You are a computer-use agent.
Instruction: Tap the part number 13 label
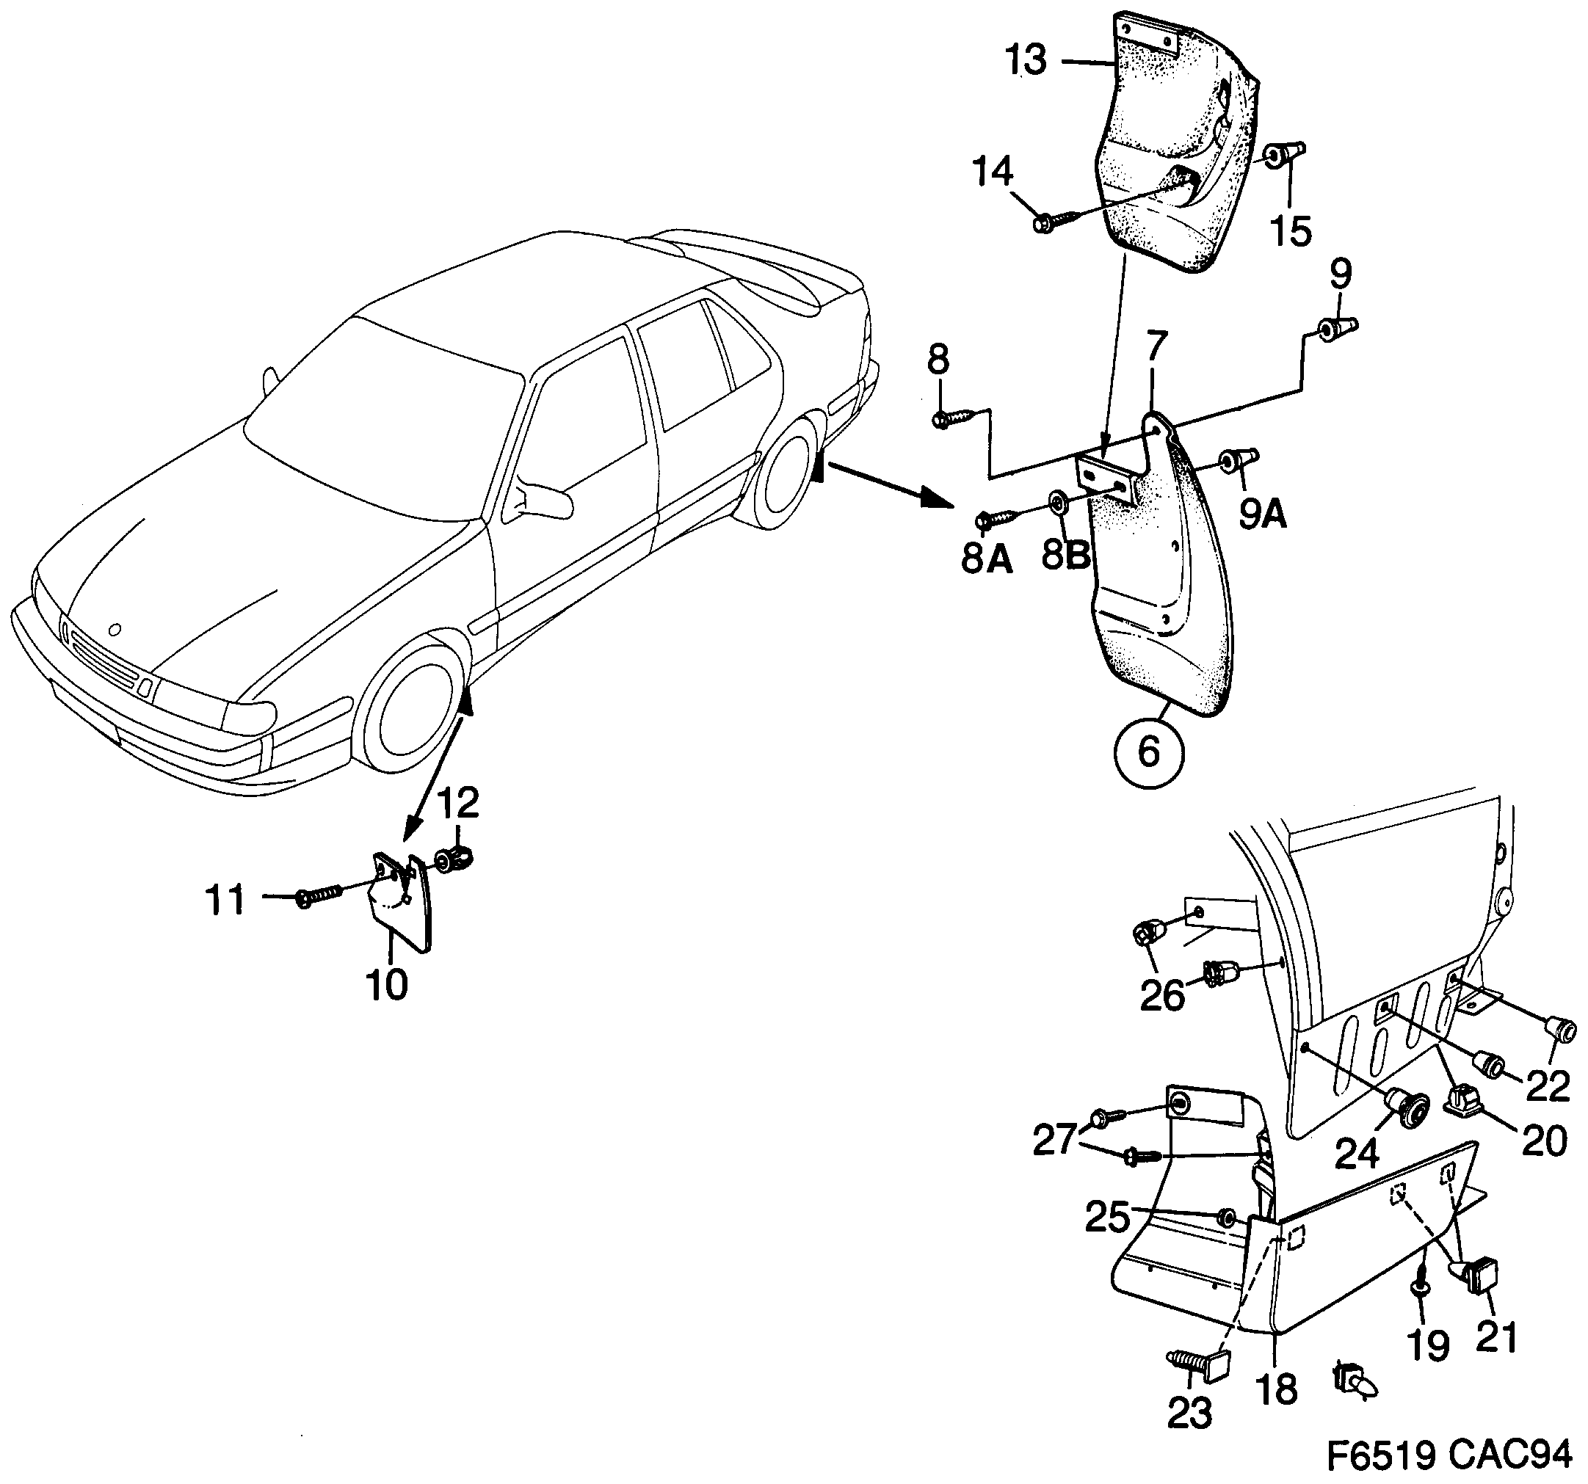pyautogui.click(x=1026, y=61)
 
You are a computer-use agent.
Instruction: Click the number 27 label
pyautogui.click(x=1055, y=1141)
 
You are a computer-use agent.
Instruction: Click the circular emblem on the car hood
pyautogui.click(x=115, y=630)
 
